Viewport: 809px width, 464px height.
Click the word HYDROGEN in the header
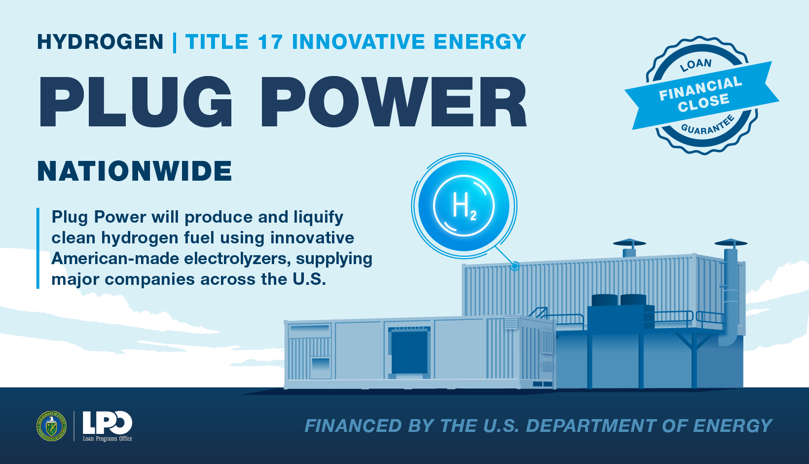pos(100,41)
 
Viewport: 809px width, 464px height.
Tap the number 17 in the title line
pos(270,41)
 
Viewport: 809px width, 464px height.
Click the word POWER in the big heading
pos(394,102)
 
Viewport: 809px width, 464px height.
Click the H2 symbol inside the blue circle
pos(465,206)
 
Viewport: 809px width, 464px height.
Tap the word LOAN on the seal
pos(696,65)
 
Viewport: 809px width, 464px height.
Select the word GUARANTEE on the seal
pos(707,125)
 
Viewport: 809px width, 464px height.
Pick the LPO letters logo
pos(107,423)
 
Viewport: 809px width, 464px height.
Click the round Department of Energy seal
pos(51,425)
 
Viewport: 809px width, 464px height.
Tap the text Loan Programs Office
pos(107,439)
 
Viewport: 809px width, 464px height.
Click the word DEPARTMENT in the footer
pos(590,425)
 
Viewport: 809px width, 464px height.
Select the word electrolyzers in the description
pos(237,259)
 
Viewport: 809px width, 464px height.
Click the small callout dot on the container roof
pos(515,267)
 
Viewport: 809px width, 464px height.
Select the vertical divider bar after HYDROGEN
pos(175,42)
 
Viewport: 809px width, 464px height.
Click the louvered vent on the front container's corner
pos(511,323)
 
